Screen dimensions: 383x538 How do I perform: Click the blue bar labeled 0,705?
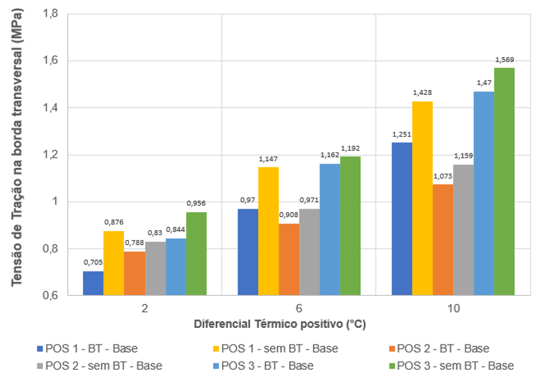coord(93,283)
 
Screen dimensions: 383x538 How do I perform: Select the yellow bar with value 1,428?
coord(422,199)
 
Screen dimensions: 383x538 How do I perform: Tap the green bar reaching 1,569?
coord(505,181)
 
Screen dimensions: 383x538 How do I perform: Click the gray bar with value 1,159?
coord(463,230)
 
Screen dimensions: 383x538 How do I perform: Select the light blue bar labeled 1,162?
coord(330,230)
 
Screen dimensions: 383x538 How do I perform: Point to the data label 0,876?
coord(114,222)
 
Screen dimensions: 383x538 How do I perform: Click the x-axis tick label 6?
coord(299,308)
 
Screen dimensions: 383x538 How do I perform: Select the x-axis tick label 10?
coord(452,308)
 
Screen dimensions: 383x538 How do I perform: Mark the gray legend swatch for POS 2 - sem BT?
coord(40,366)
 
